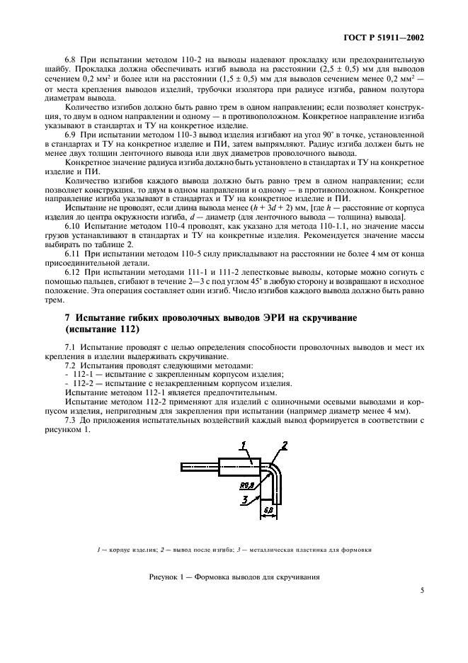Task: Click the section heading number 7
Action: click(x=67, y=318)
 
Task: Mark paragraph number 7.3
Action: click(x=72, y=420)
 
